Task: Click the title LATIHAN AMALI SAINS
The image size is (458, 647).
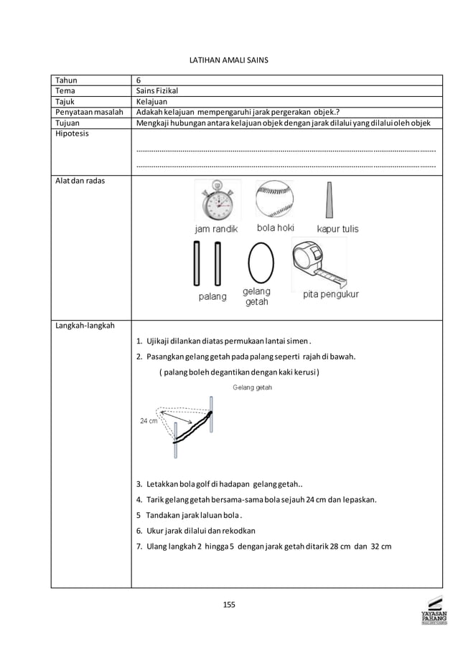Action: tap(228, 62)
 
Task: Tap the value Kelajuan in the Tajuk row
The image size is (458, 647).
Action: tap(152, 102)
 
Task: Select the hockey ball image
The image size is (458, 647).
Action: tap(275, 199)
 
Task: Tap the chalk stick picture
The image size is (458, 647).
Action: tap(330, 199)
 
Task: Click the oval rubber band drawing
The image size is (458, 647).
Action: tap(260, 263)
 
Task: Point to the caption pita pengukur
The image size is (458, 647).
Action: tap(330, 294)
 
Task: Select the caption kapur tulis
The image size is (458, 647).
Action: tap(337, 230)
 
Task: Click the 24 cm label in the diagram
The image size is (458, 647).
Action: tap(148, 421)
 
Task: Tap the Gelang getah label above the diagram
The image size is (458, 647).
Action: tap(252, 387)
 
